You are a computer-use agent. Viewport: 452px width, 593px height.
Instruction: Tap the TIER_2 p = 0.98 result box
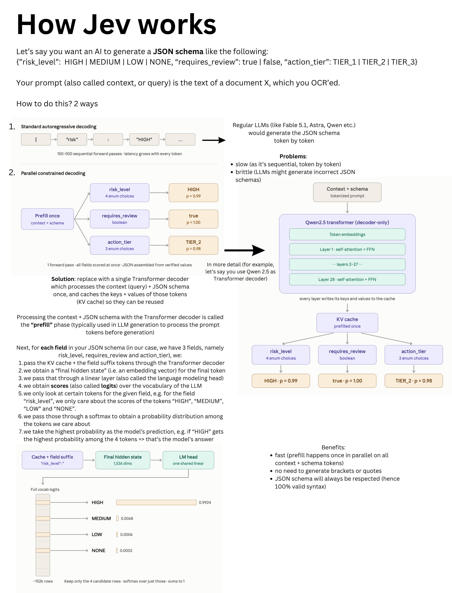pos(193,245)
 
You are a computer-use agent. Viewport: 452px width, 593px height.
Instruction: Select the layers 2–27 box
pos(347,264)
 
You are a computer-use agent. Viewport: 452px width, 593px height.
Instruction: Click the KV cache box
pos(347,323)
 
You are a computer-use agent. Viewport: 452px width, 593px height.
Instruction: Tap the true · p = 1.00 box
pos(347,381)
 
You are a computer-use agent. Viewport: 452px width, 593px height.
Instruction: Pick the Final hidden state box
pos(123,460)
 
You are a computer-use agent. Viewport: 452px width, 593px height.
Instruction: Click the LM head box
pos(188,460)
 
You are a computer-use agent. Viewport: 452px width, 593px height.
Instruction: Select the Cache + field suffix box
pos(52,460)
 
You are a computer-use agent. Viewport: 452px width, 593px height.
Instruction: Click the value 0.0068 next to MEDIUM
pos(127,518)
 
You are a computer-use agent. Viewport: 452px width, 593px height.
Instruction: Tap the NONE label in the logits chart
pos(98,550)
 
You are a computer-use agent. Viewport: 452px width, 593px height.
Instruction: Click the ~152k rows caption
pos(43,581)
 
